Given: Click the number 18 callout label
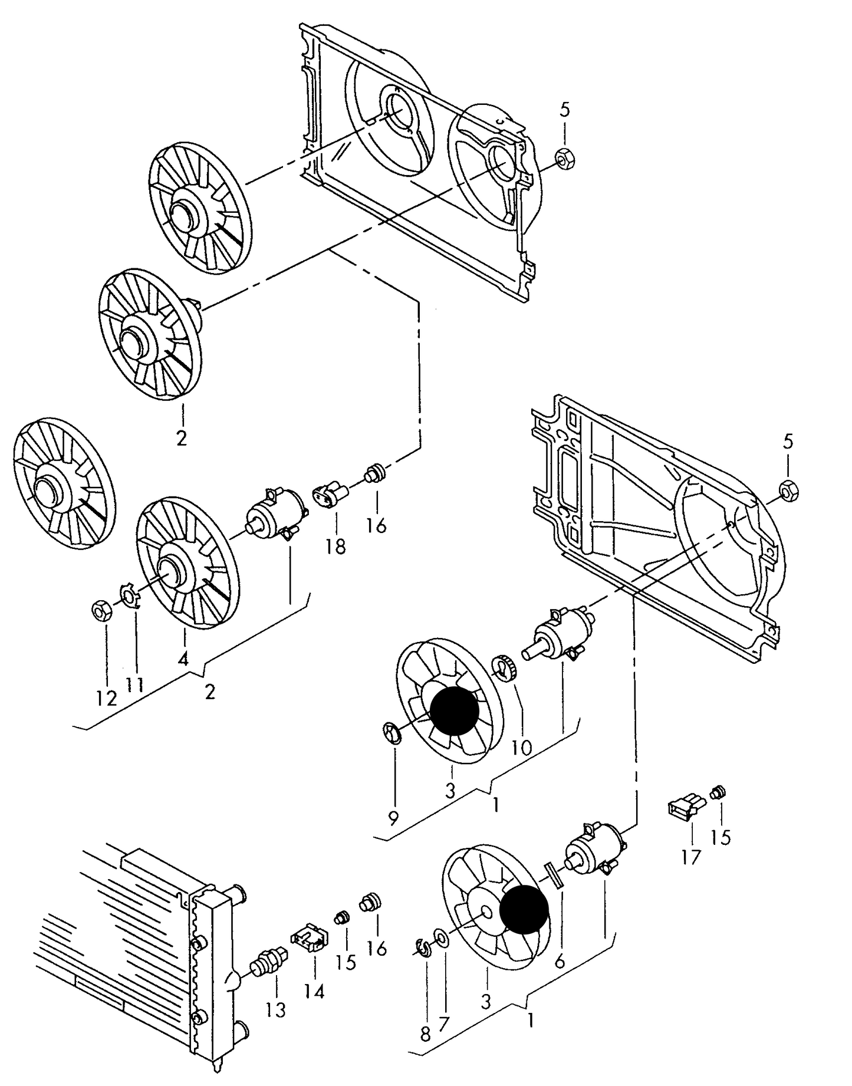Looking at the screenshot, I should click(335, 547).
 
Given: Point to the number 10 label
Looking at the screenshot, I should click(521, 748).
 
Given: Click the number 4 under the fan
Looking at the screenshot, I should click(183, 659).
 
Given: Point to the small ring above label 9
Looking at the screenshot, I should click(392, 733).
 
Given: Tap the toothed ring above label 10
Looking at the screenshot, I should click(505, 668).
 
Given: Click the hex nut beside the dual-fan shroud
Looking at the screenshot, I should click(566, 158).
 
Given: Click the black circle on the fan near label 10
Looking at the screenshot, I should click(454, 711).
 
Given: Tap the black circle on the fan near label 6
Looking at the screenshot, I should click(524, 909).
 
